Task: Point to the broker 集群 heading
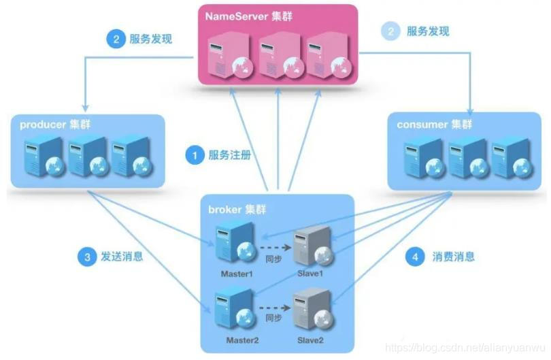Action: [x=237, y=208]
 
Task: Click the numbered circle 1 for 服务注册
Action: [x=195, y=156]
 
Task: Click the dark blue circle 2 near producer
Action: [x=115, y=39]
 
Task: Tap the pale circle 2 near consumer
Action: [x=390, y=31]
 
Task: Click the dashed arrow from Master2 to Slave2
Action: [x=273, y=306]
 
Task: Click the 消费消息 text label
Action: [x=453, y=257]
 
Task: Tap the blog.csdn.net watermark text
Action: [x=463, y=348]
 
